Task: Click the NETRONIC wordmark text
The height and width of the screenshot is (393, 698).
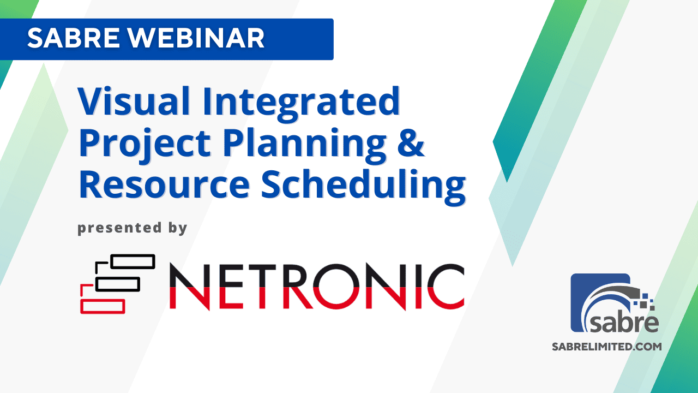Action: tap(316, 286)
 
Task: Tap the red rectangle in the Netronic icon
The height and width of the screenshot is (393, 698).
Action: tap(103, 306)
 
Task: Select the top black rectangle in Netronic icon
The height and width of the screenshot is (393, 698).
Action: tap(133, 261)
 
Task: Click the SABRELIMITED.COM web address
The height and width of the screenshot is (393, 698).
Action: tap(607, 347)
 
